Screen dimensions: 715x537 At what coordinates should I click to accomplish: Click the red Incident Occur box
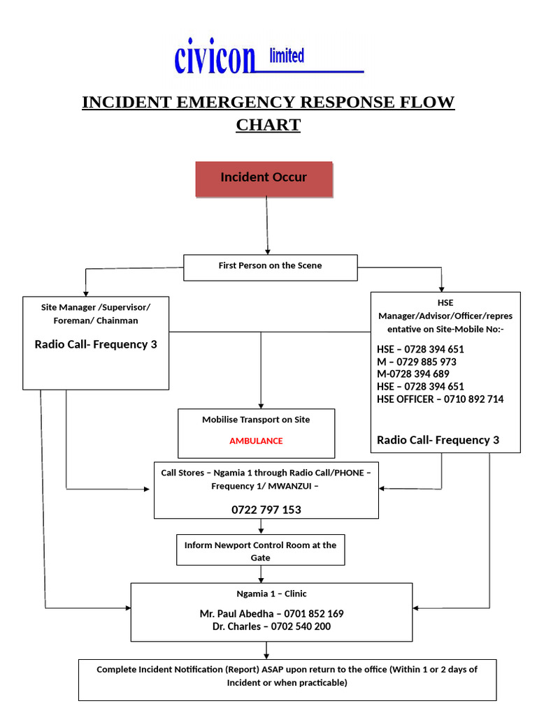click(x=264, y=178)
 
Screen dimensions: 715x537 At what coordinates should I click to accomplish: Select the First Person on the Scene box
click(x=270, y=267)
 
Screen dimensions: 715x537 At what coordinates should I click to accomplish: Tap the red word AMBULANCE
click(x=256, y=441)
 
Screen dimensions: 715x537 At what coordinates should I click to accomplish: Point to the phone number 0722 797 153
click(x=266, y=510)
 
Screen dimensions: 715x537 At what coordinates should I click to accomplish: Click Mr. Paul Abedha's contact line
click(x=271, y=614)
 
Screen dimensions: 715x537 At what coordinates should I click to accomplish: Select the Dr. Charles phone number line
click(x=271, y=626)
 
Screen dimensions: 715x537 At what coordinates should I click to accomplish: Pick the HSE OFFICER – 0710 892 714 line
click(x=440, y=399)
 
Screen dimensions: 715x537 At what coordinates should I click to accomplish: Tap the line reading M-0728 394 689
click(x=413, y=374)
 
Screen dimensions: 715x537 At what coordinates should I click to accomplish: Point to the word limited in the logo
click(x=287, y=56)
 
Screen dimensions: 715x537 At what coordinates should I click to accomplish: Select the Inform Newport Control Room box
click(x=260, y=551)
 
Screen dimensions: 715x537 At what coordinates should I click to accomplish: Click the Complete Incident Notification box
click(x=287, y=677)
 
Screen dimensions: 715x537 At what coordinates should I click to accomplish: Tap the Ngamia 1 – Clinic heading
click(x=271, y=594)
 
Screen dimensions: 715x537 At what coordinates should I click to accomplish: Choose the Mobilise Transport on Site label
click(x=256, y=420)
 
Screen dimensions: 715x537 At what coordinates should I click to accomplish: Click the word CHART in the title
click(x=268, y=126)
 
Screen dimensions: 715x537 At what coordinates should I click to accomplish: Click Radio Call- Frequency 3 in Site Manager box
click(x=96, y=344)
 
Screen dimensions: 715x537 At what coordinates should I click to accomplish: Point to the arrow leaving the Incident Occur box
click(x=266, y=223)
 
